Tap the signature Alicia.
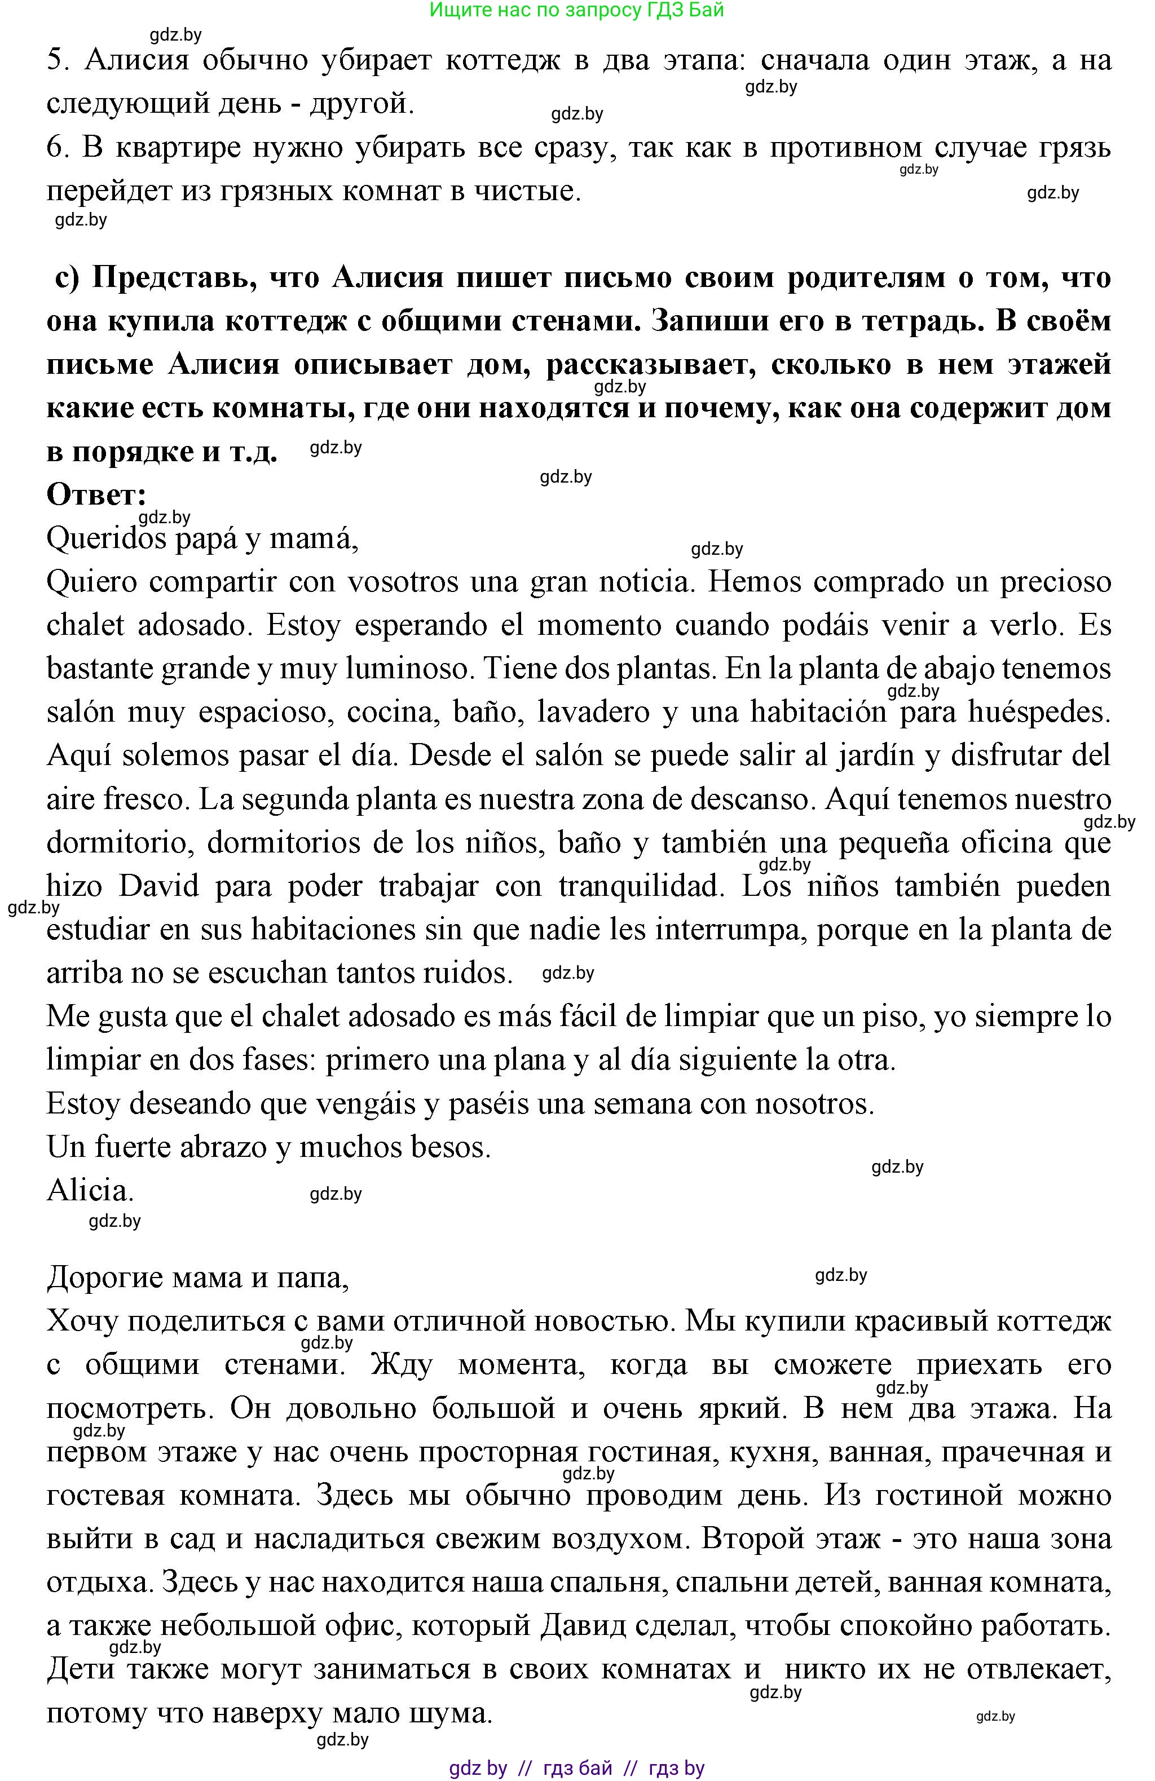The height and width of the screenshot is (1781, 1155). [x=90, y=1190]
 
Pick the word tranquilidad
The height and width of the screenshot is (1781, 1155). [x=641, y=887]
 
